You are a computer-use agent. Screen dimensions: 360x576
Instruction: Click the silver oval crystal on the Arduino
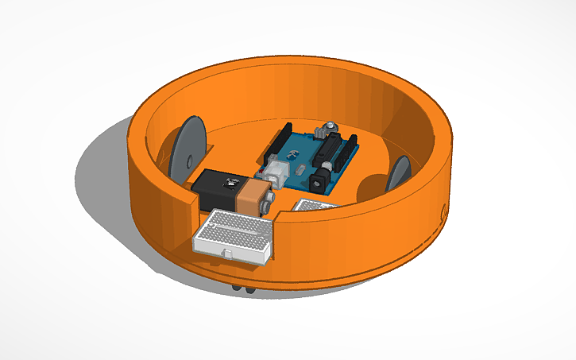pyautogui.click(x=300, y=169)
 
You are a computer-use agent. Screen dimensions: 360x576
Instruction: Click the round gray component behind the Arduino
pyautogui.click(x=327, y=127)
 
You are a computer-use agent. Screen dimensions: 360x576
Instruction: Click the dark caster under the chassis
pyautogui.click(x=242, y=286)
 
